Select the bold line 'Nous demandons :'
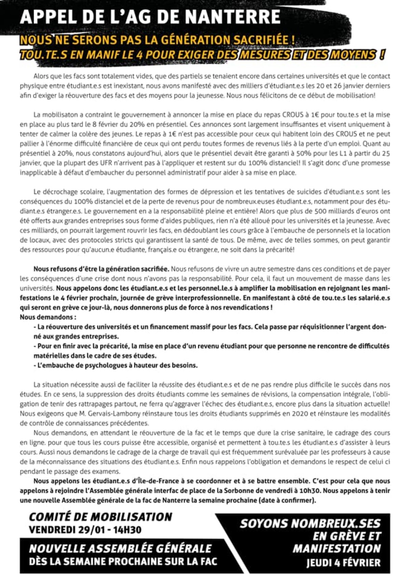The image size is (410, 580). [48, 317]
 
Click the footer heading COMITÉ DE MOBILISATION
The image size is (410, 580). [100, 516]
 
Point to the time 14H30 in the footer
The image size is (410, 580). [127, 530]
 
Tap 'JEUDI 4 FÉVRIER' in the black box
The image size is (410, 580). [343, 563]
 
